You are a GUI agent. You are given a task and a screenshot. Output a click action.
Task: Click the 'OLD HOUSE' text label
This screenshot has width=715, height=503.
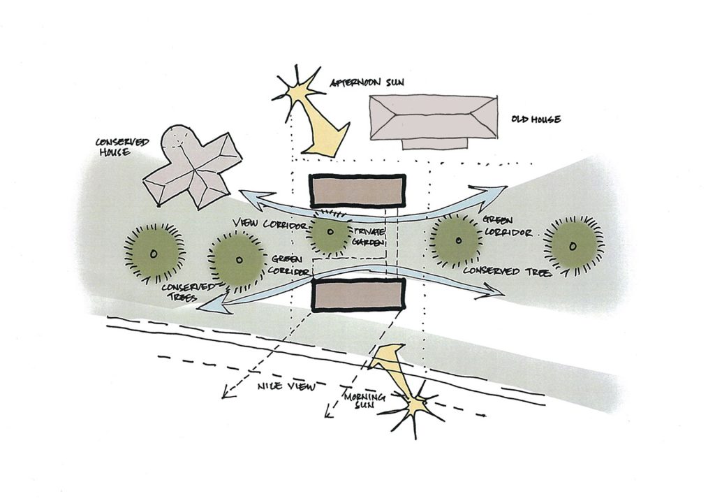tap(535, 119)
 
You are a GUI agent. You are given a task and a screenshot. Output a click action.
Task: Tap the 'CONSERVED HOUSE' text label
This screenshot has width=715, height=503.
tap(121, 147)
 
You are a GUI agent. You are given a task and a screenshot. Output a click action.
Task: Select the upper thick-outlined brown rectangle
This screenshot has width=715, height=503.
tap(357, 191)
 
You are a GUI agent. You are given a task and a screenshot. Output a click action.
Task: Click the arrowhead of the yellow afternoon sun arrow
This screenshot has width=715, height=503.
tap(323, 143)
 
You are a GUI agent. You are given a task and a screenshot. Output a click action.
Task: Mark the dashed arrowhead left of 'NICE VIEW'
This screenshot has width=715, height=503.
tap(226, 397)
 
